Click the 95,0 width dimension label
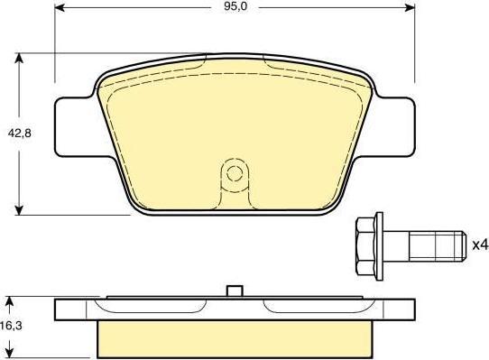235,6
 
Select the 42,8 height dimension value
19,134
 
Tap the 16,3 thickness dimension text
12,326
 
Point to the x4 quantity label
480,245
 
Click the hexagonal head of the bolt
365,246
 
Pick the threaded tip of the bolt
449,246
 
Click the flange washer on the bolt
380,246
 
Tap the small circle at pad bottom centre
235,173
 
